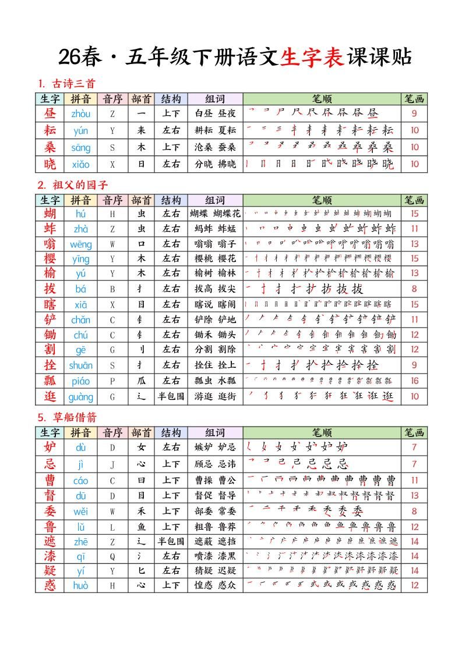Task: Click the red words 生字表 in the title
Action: [312, 56]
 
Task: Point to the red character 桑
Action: [50, 147]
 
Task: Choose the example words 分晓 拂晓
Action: [215, 164]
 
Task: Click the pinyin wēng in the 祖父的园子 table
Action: [81, 244]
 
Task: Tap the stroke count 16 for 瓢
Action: [414, 381]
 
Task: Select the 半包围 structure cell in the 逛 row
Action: [171, 396]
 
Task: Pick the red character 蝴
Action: [50, 214]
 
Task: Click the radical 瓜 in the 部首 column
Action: [141, 381]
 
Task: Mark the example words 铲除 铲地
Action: [215, 320]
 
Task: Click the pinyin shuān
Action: [81, 365]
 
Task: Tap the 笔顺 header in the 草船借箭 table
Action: [322, 432]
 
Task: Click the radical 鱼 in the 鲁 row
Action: [141, 527]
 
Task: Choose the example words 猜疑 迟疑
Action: [215, 571]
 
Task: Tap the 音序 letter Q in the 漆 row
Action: [112, 556]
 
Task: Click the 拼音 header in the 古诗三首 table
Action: [81, 99]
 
